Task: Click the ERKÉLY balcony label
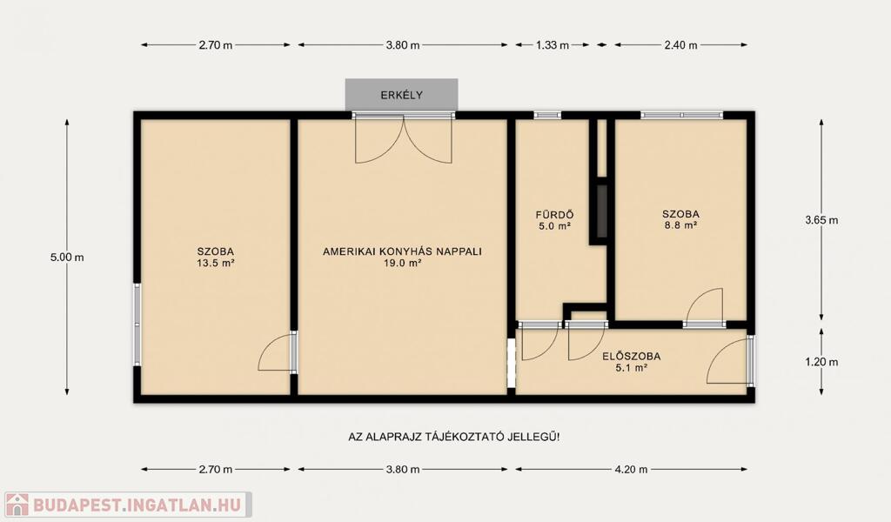[x=402, y=96]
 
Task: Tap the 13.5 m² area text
[x=216, y=263]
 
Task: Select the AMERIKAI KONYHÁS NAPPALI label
[x=402, y=251]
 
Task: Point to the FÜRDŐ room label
[x=554, y=215]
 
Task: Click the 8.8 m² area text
[x=680, y=225]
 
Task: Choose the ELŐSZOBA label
[x=632, y=357]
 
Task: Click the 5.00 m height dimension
[x=67, y=258]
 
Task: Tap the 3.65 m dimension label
[x=821, y=220]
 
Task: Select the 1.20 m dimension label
[x=821, y=362]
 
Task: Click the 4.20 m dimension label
[x=631, y=469]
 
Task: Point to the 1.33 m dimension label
[x=553, y=45]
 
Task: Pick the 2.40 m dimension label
[x=680, y=45]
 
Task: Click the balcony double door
[x=404, y=138]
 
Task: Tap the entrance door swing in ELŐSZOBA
[x=728, y=360]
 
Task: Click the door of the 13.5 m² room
[x=275, y=352]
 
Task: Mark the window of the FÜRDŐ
[x=547, y=116]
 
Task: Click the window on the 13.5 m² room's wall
[x=137, y=325]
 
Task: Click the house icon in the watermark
[x=17, y=505]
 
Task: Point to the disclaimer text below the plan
[x=453, y=438]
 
